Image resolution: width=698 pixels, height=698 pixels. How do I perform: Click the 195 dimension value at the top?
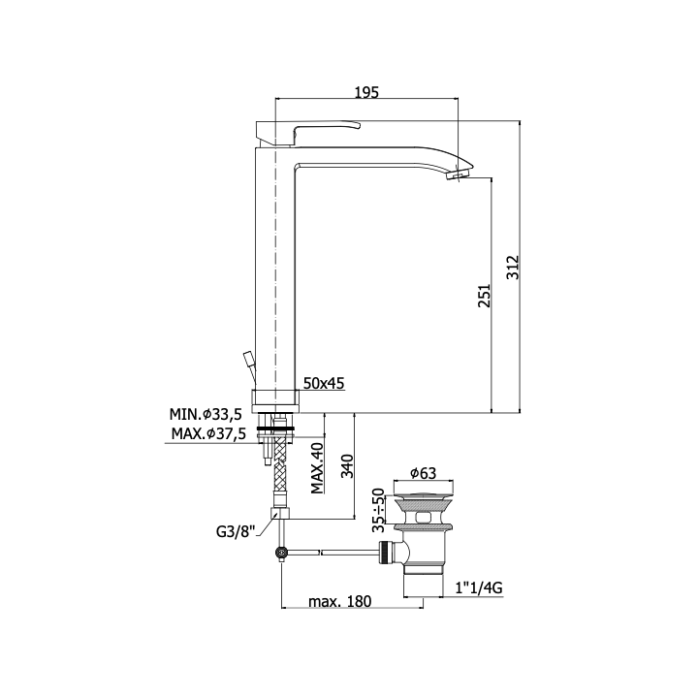(x=366, y=92)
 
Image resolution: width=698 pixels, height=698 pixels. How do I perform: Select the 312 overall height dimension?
(x=514, y=268)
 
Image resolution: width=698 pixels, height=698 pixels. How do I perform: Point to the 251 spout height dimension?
(x=484, y=295)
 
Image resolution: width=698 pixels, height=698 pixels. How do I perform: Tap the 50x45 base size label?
(x=324, y=383)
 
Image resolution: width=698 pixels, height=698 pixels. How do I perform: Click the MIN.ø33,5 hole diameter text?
(x=206, y=415)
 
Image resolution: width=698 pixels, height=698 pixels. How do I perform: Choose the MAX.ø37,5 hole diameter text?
(x=208, y=433)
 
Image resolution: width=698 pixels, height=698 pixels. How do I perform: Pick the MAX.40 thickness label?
(x=317, y=468)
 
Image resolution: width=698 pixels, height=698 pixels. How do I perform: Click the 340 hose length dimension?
(x=347, y=466)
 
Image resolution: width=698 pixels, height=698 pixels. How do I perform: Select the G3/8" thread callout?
(x=236, y=531)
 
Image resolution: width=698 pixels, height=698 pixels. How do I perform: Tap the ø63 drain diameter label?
(x=423, y=473)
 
